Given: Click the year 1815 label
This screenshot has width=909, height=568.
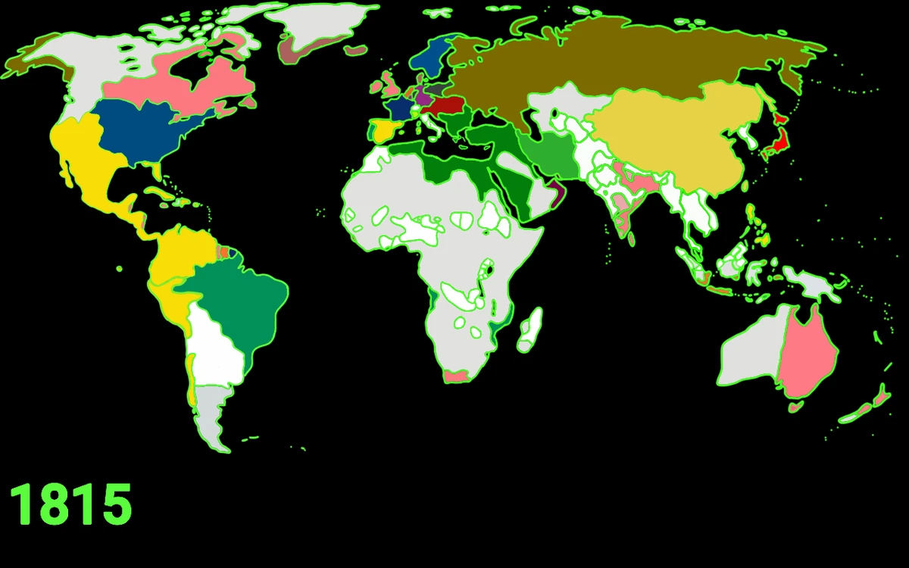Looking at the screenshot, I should click(70, 504).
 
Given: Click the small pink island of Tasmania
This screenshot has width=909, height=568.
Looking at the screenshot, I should click(795, 407).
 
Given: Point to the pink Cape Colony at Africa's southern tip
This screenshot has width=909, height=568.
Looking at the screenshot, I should click(456, 376).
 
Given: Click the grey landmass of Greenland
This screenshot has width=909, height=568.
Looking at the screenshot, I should click(318, 27).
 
